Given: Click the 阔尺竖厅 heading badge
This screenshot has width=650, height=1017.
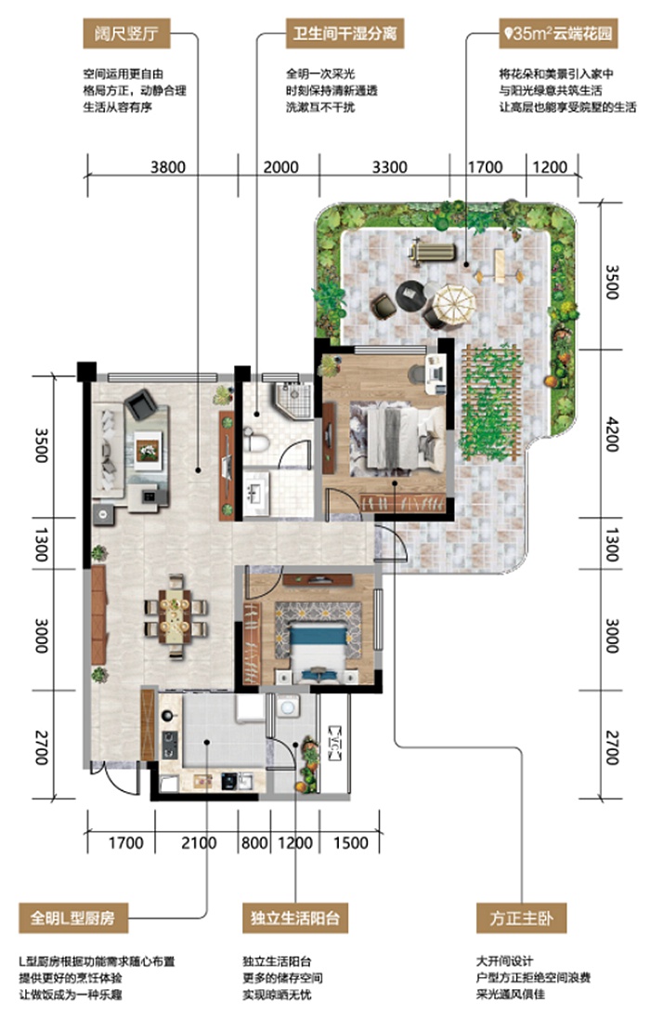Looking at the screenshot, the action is (126, 33).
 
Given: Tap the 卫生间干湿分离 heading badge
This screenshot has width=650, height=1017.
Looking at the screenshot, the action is (344, 33).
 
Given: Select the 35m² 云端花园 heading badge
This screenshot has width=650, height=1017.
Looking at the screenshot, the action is (558, 33).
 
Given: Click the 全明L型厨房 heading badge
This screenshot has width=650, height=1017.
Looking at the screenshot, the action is (72, 918).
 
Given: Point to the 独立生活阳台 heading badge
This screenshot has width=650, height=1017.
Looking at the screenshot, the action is (295, 918).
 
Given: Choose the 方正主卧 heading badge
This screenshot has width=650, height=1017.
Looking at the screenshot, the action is (522, 918).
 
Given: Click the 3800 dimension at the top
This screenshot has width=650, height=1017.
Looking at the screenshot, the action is (168, 167).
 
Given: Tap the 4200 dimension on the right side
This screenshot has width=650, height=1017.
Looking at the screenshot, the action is (611, 433).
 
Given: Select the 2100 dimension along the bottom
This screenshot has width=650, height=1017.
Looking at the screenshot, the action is (199, 842).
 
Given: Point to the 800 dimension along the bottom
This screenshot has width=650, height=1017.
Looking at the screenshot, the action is (254, 842).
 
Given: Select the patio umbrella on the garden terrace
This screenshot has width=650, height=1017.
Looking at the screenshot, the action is (454, 304).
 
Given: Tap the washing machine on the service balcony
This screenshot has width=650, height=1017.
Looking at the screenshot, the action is (288, 706).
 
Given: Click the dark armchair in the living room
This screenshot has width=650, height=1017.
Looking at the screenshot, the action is (141, 404).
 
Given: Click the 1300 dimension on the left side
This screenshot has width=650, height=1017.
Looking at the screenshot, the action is (42, 544).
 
